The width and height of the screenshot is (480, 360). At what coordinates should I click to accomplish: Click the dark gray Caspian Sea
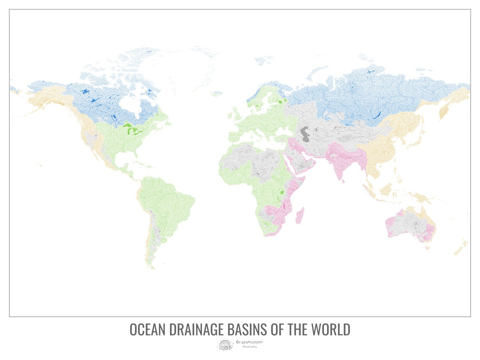pyautogui.click(x=305, y=134)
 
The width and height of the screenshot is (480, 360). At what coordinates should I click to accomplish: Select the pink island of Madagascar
pyautogui.click(x=300, y=216)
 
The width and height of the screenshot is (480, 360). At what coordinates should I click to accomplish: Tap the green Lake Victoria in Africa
pyautogui.click(x=283, y=192)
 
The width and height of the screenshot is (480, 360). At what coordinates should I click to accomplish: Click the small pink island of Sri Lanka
pyautogui.click(x=343, y=180)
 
